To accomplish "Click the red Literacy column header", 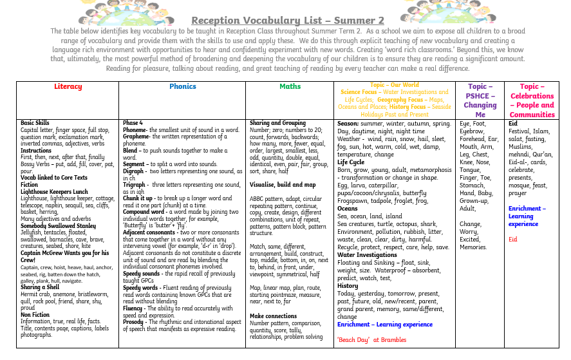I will pos(68,86).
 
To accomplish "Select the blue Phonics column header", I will pos(183,86).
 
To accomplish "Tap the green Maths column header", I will pos(290,86).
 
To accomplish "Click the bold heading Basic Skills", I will pos(35,122).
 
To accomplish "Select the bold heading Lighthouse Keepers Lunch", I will pos(54,191).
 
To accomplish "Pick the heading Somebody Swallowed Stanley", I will pos(58,225).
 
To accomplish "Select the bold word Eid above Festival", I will pos(513,122).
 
